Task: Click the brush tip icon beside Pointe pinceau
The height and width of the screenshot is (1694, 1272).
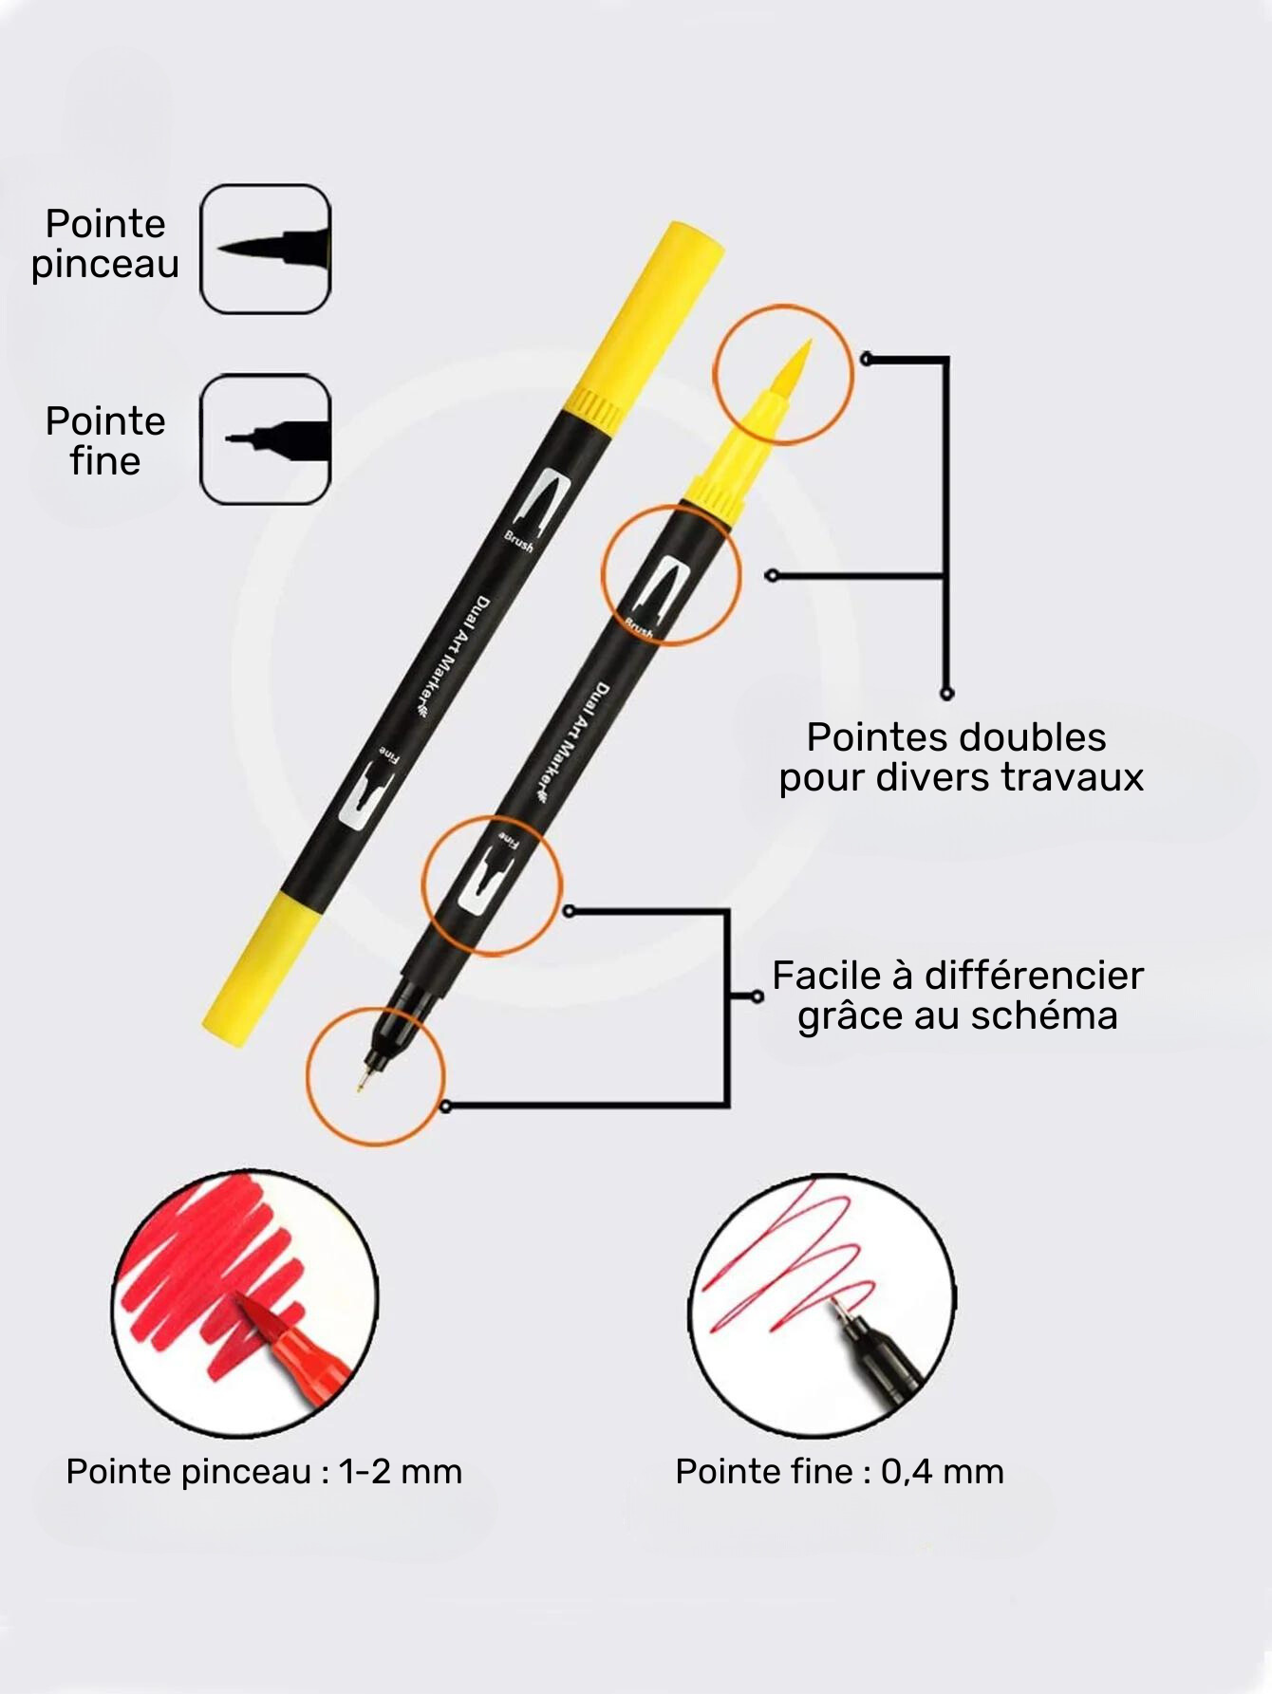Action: pos(265,249)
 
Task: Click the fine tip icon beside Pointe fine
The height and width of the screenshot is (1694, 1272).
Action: pos(265,438)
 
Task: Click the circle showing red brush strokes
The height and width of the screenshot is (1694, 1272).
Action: pos(245,1304)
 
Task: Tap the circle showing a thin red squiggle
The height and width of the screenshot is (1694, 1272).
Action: pos(822,1306)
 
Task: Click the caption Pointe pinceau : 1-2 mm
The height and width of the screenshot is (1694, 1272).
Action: pos(264,1472)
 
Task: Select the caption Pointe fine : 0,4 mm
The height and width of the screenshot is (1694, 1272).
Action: pos(839,1472)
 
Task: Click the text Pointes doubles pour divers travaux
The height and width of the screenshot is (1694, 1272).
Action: pos(960,757)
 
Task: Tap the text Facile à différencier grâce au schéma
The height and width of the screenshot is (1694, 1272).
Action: pos(957,996)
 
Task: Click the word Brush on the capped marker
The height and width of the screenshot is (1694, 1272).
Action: pos(518,543)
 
